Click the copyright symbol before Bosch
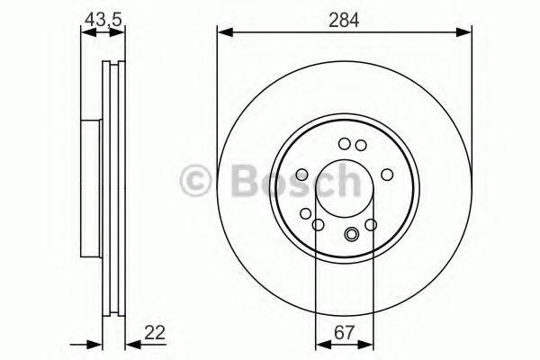click(x=197, y=181)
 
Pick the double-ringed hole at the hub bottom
click(x=351, y=237)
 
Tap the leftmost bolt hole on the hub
click(x=301, y=175)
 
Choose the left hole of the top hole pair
click(x=344, y=143)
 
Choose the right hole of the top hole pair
click(x=360, y=145)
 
